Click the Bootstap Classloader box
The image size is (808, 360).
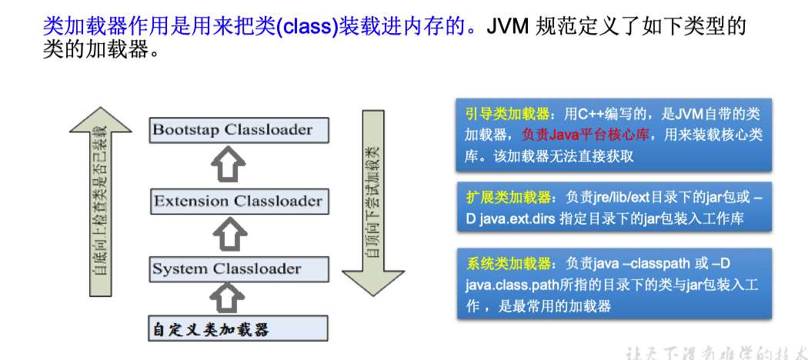click(x=232, y=129)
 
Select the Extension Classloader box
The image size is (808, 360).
click(x=238, y=202)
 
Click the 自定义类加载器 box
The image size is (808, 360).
click(x=209, y=329)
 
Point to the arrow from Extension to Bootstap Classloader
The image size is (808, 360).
click(x=229, y=164)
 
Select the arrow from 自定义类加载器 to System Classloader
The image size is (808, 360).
click(x=229, y=296)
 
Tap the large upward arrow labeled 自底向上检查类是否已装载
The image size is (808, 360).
click(x=100, y=208)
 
